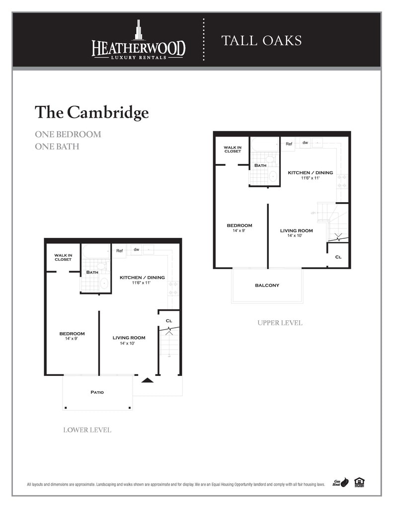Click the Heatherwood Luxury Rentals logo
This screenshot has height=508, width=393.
138,41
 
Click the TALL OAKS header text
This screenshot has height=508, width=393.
261,41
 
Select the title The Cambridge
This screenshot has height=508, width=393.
91,112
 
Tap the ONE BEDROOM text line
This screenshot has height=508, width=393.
68,135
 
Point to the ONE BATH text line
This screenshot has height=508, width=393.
57,146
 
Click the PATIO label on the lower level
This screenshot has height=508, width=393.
97,392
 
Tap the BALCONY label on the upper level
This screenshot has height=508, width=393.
267,286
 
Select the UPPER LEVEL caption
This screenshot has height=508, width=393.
280,323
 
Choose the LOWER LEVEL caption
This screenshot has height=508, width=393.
87,430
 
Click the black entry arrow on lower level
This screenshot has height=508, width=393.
147,380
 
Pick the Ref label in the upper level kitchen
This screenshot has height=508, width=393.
289,144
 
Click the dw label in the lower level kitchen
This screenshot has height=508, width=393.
136,249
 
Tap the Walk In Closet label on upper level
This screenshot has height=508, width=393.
232,149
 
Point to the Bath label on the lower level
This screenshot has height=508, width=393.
92,272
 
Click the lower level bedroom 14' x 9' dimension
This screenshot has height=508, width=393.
72,339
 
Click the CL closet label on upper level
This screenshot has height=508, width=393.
338,257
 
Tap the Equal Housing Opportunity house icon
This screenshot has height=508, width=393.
359,483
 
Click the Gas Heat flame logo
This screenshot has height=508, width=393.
341,483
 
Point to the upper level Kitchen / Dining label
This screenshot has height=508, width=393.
311,173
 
